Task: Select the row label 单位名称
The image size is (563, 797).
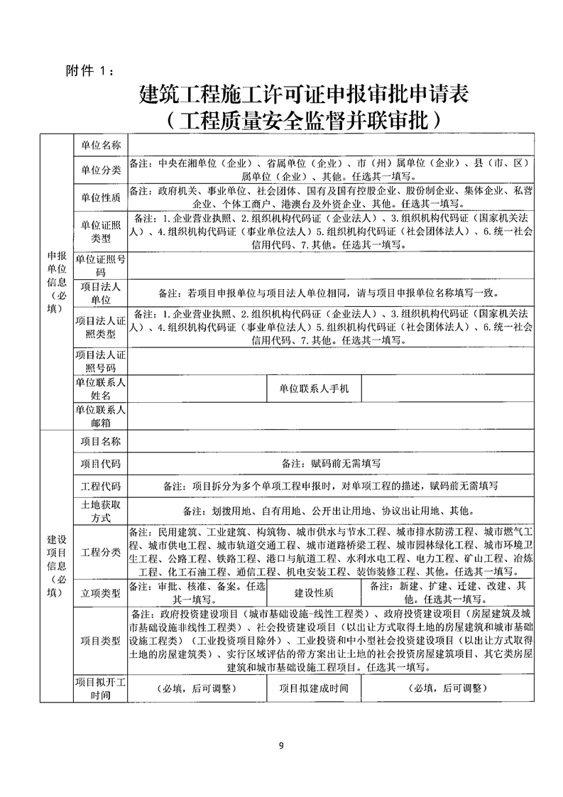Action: tap(101, 145)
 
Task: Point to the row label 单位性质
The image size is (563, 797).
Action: tap(101, 197)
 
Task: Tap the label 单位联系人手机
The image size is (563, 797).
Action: tap(314, 389)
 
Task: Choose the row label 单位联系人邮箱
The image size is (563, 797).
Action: tap(101, 416)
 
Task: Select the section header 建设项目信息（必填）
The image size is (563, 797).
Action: tap(57, 559)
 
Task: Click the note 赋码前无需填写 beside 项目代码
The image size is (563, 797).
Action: tap(332, 463)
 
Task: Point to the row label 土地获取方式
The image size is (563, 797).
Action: tap(101, 511)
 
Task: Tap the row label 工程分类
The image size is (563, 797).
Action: tap(101, 552)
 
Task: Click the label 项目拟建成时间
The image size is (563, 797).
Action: tap(314, 688)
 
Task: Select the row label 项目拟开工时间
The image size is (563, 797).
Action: tap(101, 688)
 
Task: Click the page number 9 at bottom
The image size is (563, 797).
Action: tap(282, 745)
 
